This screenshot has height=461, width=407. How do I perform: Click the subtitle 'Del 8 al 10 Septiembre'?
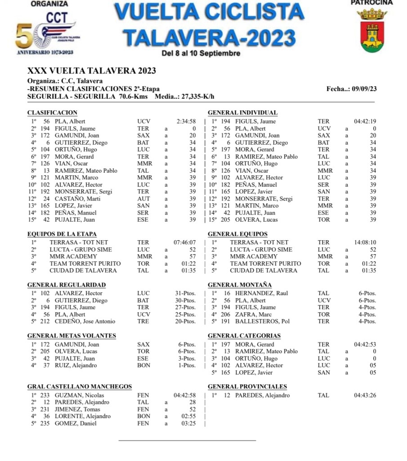(201, 53)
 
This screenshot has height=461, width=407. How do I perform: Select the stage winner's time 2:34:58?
(186, 121)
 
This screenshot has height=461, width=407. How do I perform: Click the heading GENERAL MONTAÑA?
(240, 285)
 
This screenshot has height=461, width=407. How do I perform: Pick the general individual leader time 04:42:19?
(365, 121)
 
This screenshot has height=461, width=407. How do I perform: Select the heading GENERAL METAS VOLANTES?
(72, 336)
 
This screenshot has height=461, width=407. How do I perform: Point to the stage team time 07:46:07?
(185, 242)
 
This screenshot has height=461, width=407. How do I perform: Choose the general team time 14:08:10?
(365, 242)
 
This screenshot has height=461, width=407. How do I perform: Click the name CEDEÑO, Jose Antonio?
(85, 321)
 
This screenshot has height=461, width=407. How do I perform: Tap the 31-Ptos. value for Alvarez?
(185, 293)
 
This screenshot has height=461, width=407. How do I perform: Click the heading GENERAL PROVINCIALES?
(247, 387)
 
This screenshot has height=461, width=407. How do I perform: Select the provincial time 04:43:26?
(365, 395)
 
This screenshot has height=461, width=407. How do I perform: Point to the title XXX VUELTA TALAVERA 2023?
(92, 71)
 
